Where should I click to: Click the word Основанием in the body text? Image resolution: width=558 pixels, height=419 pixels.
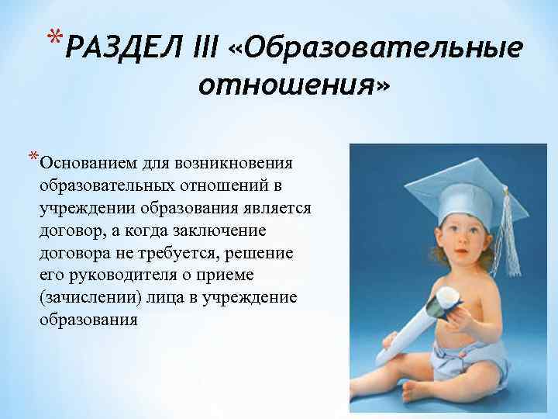[x=83, y=164]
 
